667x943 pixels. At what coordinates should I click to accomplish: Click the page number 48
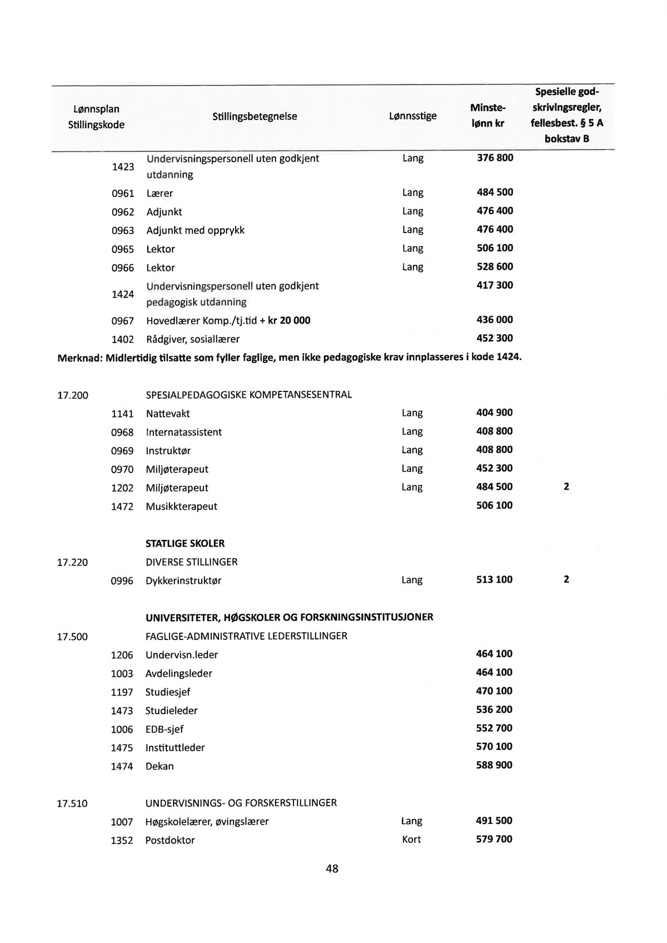click(332, 868)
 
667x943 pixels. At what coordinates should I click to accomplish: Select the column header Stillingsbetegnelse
click(255, 116)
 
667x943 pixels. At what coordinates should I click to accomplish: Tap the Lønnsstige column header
click(412, 116)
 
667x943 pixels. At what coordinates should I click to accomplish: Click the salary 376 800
click(495, 158)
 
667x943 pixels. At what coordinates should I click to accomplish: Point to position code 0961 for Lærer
click(123, 193)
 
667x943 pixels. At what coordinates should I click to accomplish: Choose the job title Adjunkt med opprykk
click(195, 230)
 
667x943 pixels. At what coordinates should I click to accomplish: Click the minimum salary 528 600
click(495, 267)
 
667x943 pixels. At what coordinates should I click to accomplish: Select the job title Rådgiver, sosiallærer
click(193, 339)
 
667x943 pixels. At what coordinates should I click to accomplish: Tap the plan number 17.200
click(73, 395)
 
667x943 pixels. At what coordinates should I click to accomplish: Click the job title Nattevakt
click(168, 414)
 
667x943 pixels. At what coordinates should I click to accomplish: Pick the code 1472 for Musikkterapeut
click(122, 507)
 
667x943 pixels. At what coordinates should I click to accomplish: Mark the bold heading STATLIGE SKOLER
click(185, 543)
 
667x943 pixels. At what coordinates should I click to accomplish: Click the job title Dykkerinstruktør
click(183, 580)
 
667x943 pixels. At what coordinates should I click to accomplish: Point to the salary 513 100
click(495, 580)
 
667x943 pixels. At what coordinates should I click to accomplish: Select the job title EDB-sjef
click(165, 729)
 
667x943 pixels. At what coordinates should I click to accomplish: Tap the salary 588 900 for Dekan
click(494, 766)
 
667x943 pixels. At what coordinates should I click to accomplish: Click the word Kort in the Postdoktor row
click(411, 840)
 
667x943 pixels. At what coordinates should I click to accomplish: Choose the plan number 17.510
click(72, 803)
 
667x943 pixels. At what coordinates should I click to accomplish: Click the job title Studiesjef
click(168, 692)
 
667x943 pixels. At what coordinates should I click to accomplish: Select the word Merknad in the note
click(78, 357)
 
